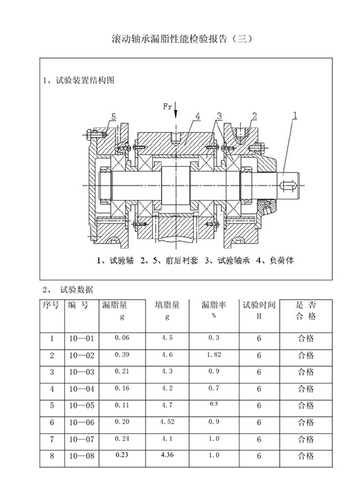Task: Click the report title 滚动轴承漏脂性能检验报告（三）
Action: tap(182, 39)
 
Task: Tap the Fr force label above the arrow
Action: tap(167, 107)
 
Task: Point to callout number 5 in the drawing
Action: tap(113, 117)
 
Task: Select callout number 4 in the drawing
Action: tap(198, 116)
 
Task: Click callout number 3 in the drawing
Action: tap(219, 116)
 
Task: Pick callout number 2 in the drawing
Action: tap(254, 116)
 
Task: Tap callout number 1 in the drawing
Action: tap(295, 115)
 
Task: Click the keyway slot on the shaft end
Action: tap(289, 185)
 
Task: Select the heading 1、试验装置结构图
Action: tap(79, 80)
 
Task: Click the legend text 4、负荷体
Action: tap(275, 260)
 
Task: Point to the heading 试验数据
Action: tap(76, 289)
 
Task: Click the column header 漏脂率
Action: tap(214, 305)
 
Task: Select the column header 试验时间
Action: tap(259, 305)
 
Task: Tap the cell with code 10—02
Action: tap(82, 355)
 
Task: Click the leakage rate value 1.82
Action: tap(214, 354)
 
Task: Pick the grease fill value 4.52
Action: tap(167, 422)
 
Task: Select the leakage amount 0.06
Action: tap(122, 338)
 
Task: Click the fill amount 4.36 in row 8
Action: tap(167, 455)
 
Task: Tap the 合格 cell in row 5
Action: tap(306, 405)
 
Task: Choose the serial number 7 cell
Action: tap(52, 439)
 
